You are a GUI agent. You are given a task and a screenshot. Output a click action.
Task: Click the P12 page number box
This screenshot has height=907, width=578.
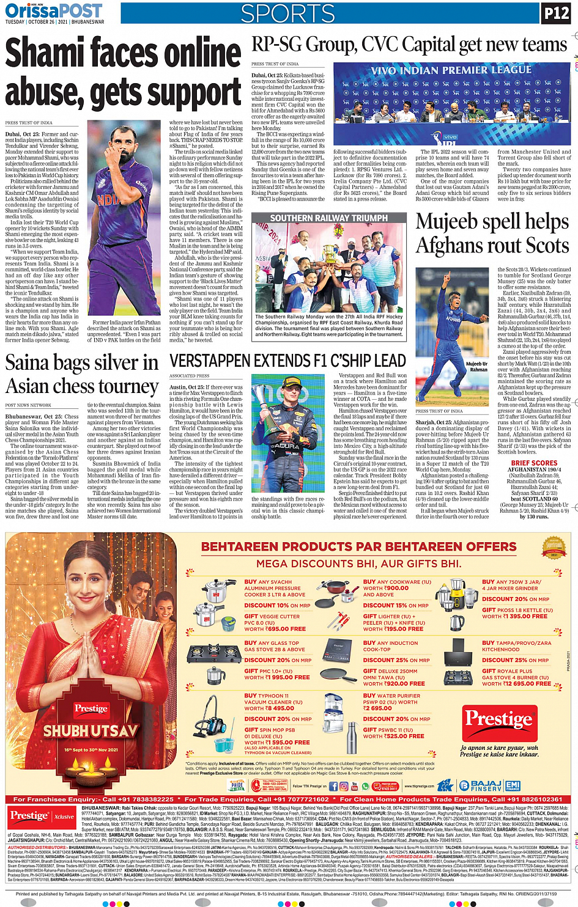tap(556, 13)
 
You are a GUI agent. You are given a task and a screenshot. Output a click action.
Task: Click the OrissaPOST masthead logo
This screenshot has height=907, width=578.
tap(54, 11)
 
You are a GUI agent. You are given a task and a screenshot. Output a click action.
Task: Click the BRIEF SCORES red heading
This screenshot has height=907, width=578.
tap(534, 463)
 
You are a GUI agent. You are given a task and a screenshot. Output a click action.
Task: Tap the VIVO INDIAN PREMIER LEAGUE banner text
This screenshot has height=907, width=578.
tap(451, 70)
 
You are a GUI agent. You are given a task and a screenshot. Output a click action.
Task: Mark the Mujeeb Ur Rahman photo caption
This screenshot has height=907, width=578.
tap(476, 367)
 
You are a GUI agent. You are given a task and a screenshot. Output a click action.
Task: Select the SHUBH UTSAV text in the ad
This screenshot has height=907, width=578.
tap(90, 731)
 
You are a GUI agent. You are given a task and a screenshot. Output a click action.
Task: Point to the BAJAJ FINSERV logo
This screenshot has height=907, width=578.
tap(486, 785)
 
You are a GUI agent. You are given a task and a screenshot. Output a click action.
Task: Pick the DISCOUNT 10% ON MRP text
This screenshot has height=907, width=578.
tap(277, 605)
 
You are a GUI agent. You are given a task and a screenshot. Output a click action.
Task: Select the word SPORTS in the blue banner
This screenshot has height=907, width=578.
tap(287, 13)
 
